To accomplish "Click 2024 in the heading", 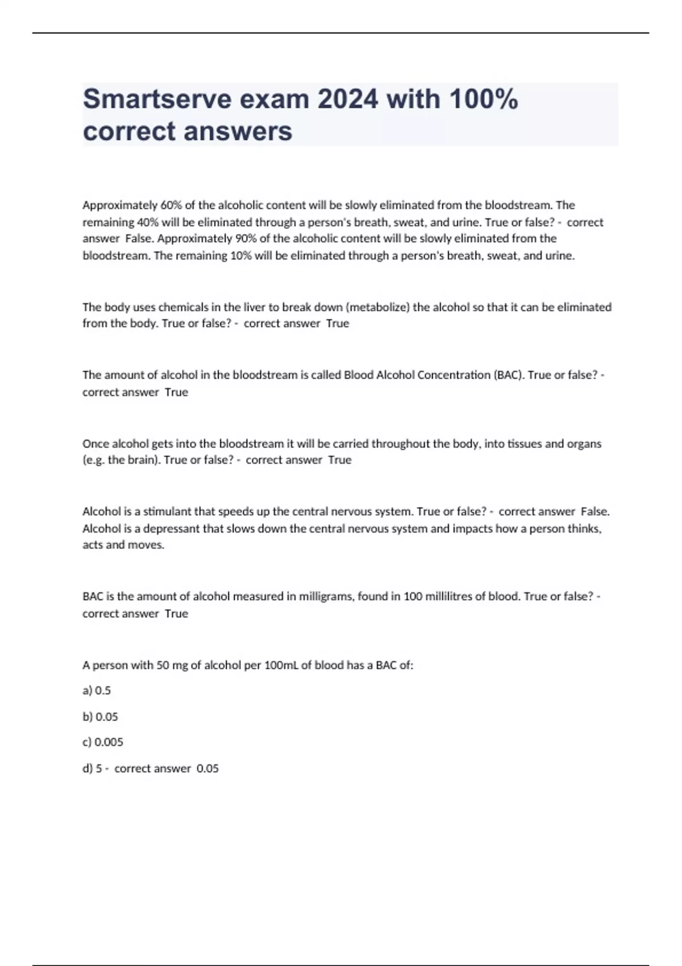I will tap(347, 99).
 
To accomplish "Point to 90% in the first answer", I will tap(246, 239).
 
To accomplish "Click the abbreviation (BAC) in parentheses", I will tap(509, 375).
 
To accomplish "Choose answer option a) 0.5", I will tap(97, 691).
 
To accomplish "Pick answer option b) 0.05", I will tap(100, 717).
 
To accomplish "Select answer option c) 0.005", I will tap(103, 742).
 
